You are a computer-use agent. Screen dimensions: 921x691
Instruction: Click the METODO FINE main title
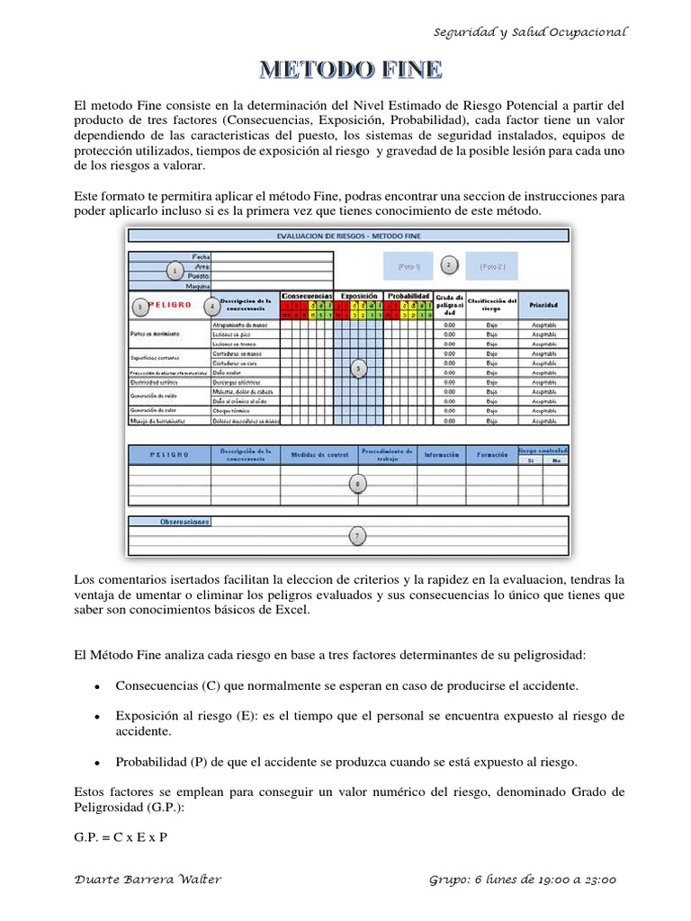(350, 69)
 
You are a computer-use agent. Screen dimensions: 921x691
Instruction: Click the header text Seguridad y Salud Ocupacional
(530, 31)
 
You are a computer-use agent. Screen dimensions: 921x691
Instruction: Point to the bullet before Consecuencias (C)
(95, 685)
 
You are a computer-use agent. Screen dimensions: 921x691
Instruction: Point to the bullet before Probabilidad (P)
(95, 762)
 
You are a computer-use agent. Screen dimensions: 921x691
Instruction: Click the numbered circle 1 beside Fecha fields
(174, 271)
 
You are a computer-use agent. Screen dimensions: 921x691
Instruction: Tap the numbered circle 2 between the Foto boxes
(449, 265)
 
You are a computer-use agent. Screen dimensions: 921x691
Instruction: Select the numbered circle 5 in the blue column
(359, 368)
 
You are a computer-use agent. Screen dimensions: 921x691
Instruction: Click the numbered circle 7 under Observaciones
(357, 536)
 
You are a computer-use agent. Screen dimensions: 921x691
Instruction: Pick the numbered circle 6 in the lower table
(357, 484)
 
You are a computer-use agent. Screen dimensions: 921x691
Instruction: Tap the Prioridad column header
(543, 305)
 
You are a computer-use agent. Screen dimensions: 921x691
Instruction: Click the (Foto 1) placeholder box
(408, 266)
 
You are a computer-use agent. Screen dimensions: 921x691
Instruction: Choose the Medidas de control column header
(319, 455)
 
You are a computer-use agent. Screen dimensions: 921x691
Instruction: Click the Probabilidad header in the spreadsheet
(409, 295)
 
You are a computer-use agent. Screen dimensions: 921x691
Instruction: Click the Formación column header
(491, 455)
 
